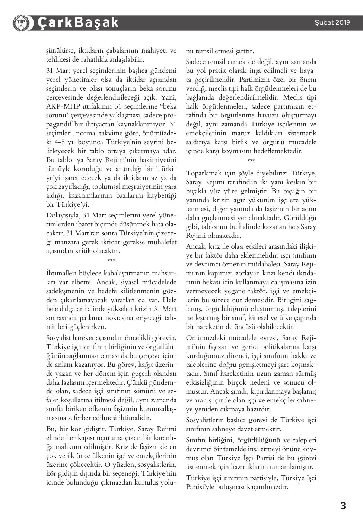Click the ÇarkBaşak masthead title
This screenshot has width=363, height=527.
click(x=78, y=23)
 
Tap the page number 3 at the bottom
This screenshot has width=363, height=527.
click(x=343, y=506)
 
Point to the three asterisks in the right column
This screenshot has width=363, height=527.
click(x=251, y=161)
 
